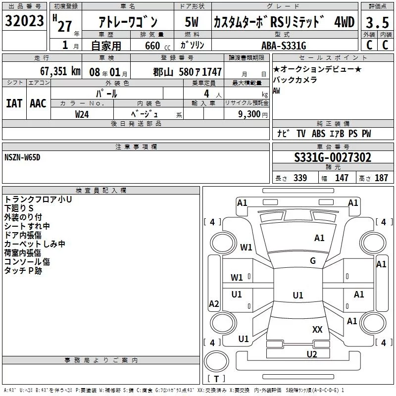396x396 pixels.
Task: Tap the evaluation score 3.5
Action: coord(377,22)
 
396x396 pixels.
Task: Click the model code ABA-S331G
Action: coord(284,46)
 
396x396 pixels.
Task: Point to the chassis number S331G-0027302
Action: coord(332,158)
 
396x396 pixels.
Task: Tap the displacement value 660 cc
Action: coord(152,46)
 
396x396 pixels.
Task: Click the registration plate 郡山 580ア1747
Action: coord(188,72)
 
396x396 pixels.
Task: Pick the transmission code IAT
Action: coord(14,103)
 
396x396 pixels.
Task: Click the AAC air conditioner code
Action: coord(38,103)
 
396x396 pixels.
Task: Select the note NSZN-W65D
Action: coord(22,157)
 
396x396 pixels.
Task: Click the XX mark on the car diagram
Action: coord(317,329)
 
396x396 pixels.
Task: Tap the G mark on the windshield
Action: coord(312,261)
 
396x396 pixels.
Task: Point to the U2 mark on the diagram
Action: coord(311,354)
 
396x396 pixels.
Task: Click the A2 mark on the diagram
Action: coord(214,304)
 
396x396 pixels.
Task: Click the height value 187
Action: coord(381,178)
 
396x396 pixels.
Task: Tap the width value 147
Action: coord(342,178)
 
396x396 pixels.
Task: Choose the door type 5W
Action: coord(192,22)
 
